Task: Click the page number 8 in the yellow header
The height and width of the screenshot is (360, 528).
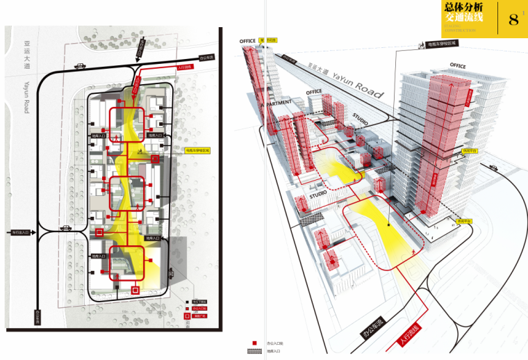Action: pos(514,19)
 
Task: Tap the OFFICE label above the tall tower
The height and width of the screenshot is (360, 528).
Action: pos(457,65)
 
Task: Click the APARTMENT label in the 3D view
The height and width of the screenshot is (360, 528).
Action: pos(279,103)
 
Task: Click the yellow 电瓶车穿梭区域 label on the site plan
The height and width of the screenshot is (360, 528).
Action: pos(197,149)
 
